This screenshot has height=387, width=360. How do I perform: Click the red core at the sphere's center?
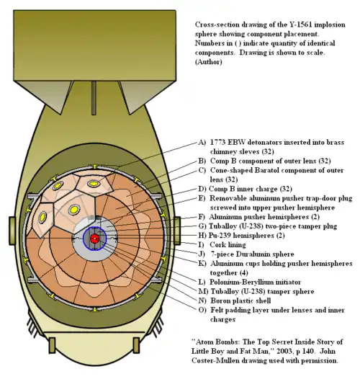tap(94, 239)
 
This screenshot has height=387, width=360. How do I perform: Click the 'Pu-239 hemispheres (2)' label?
tap(248, 235)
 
